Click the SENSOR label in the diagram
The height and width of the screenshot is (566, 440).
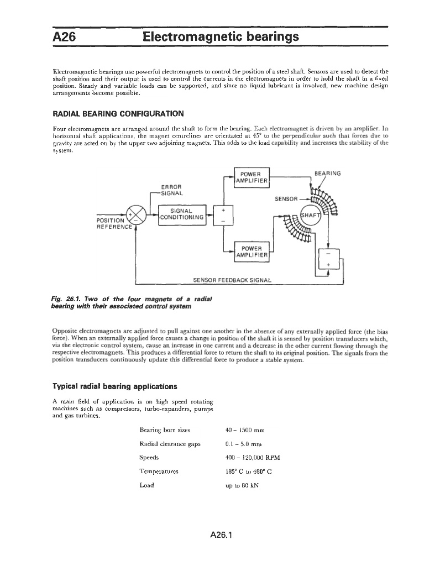[x=286, y=198]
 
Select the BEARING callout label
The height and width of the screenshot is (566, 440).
[x=327, y=173]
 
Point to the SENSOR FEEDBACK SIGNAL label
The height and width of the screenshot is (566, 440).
[x=232, y=280]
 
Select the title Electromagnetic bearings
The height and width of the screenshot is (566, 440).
[x=221, y=37]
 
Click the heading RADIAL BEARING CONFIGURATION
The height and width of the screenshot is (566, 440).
[x=117, y=114]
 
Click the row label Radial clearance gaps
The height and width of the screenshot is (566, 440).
[x=170, y=443]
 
